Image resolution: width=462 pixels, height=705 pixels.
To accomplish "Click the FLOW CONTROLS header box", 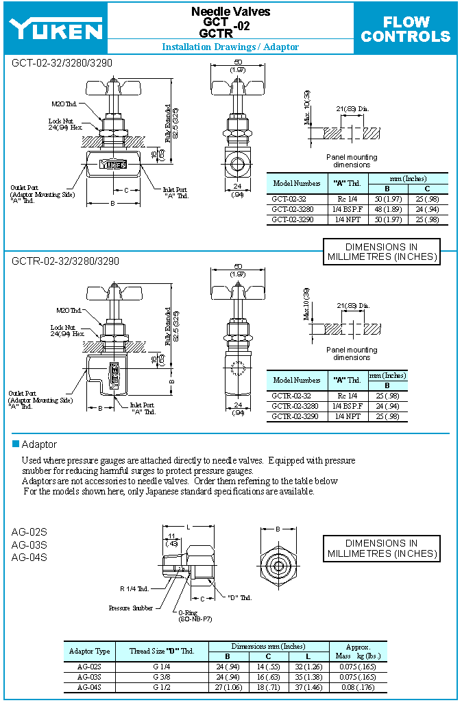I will [405, 29].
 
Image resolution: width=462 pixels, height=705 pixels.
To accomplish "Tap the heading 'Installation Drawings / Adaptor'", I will [230, 47].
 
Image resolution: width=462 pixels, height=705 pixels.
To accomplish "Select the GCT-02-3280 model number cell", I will [297, 209].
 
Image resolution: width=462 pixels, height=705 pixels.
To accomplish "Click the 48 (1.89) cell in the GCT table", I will [387, 209].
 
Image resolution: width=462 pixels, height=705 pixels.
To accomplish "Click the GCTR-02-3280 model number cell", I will [297, 406].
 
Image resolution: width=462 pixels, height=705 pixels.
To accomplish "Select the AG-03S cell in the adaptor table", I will [89, 677].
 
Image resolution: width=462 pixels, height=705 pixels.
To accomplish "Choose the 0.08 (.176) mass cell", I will [358, 687].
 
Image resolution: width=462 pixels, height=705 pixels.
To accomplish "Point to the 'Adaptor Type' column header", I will [89, 651].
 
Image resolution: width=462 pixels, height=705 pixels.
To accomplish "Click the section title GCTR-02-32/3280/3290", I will [66, 261].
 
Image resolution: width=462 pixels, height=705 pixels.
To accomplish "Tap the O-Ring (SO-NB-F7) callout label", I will [195, 616].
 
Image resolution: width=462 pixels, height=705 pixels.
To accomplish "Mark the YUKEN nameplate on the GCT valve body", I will [113, 164].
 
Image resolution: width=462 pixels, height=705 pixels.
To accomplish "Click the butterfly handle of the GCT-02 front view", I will [112, 88].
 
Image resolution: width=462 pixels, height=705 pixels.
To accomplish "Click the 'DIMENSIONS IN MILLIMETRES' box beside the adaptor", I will [381, 549].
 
